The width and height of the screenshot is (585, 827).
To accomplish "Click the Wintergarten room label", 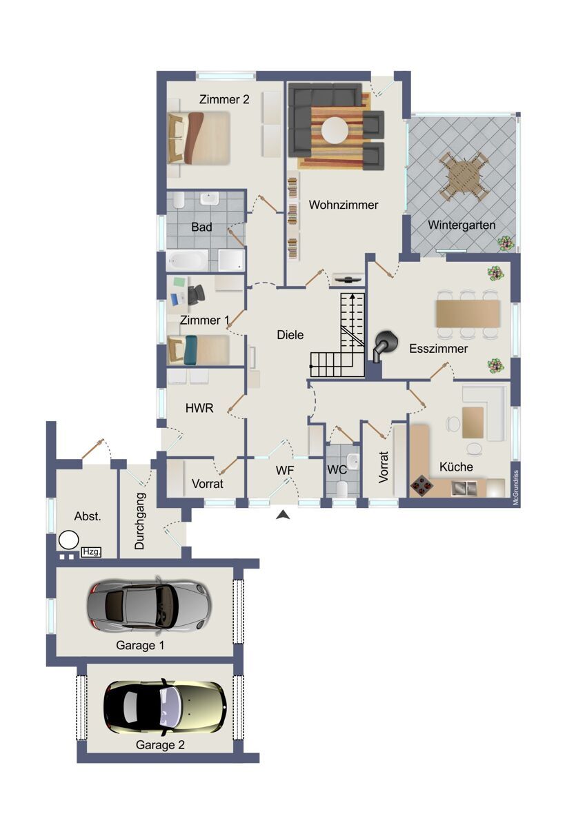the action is pos(462,225).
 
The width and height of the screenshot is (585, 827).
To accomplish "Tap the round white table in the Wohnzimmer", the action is pos(335,130).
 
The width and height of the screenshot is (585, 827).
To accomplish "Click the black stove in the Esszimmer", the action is pos(384,345).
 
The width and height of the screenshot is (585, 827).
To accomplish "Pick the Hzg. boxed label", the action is pos(91,552).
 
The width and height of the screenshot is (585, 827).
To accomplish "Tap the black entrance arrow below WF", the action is pos(283,514).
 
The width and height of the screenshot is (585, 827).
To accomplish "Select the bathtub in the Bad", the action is pos(188,261).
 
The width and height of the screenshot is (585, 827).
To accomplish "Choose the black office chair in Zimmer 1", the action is pos(196,294).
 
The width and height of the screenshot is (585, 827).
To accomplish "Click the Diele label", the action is pos(290,335).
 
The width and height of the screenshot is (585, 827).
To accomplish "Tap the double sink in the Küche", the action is pos(464,488).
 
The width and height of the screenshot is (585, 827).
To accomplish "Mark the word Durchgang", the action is pos(139,521).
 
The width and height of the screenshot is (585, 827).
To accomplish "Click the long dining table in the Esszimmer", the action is pos(468,314).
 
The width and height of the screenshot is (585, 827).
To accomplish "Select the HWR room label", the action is pos(199,408).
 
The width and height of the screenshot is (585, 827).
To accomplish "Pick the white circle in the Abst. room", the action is pos(68,540).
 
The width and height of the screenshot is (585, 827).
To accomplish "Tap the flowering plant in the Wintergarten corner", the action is pos(505,244).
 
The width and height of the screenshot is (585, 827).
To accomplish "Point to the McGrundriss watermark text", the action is pos(516,487).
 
